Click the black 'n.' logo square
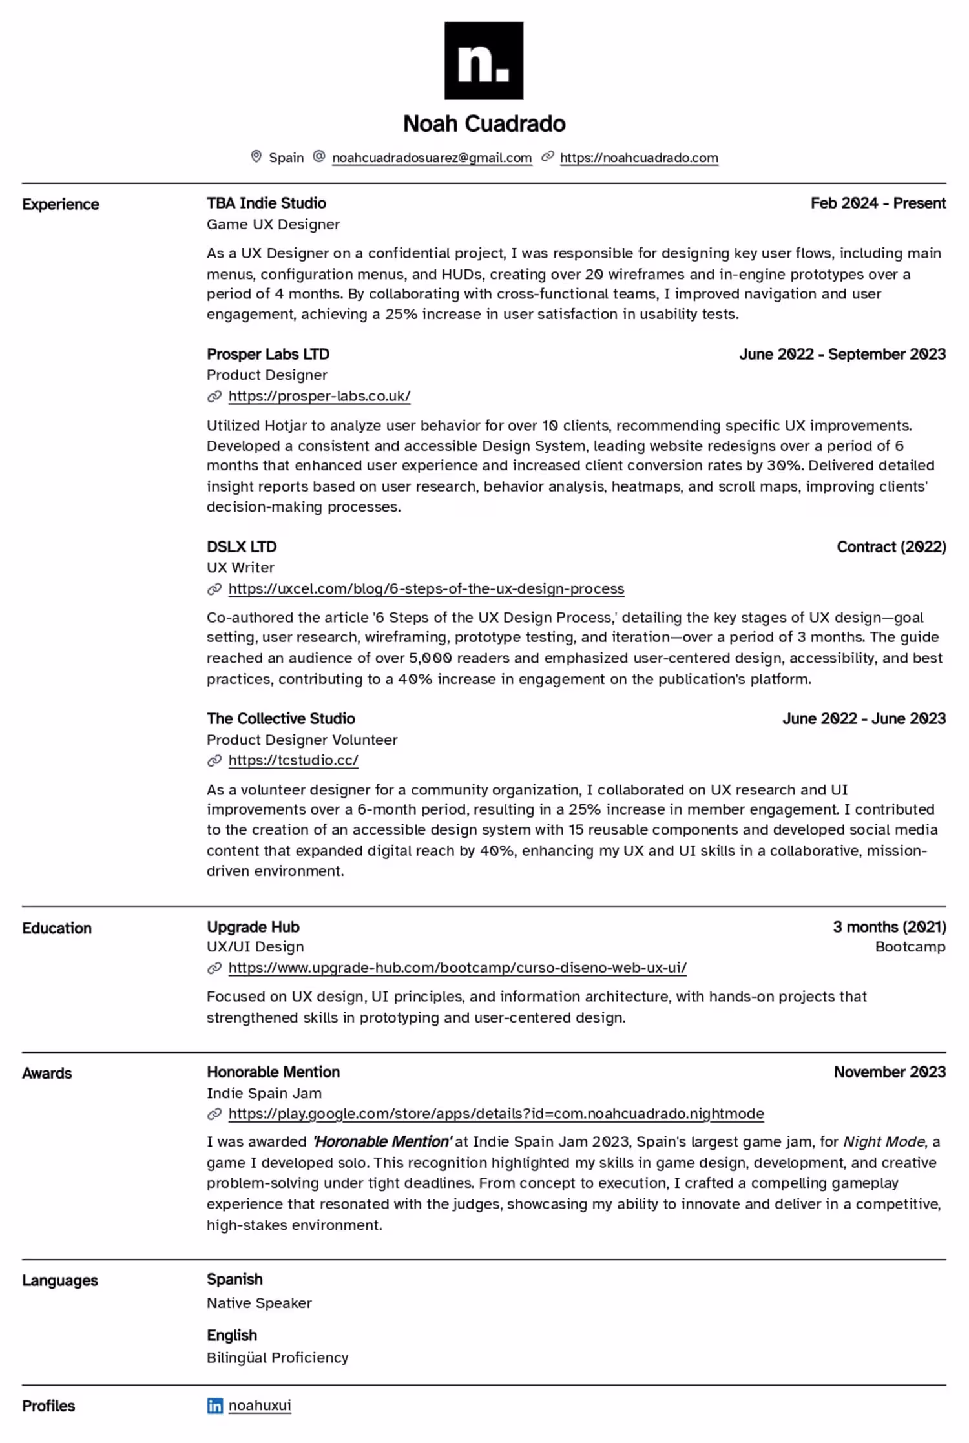(x=484, y=61)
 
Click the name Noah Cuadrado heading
(x=484, y=123)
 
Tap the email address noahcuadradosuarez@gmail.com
(x=432, y=158)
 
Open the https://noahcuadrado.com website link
(x=639, y=158)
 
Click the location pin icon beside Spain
(x=256, y=156)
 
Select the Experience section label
(x=61, y=204)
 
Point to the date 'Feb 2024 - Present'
(x=878, y=203)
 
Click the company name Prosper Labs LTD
(x=268, y=354)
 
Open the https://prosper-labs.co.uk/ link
(x=319, y=396)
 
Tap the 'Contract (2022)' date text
(x=891, y=546)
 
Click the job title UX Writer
(x=240, y=567)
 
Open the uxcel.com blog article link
(x=426, y=588)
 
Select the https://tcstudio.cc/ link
(x=293, y=760)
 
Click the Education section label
(x=57, y=928)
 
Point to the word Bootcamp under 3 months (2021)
(x=910, y=946)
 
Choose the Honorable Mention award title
(x=273, y=1072)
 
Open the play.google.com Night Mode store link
(x=496, y=1114)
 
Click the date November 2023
(x=890, y=1072)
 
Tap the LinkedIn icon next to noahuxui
(x=214, y=1406)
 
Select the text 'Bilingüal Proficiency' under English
(x=278, y=1357)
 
